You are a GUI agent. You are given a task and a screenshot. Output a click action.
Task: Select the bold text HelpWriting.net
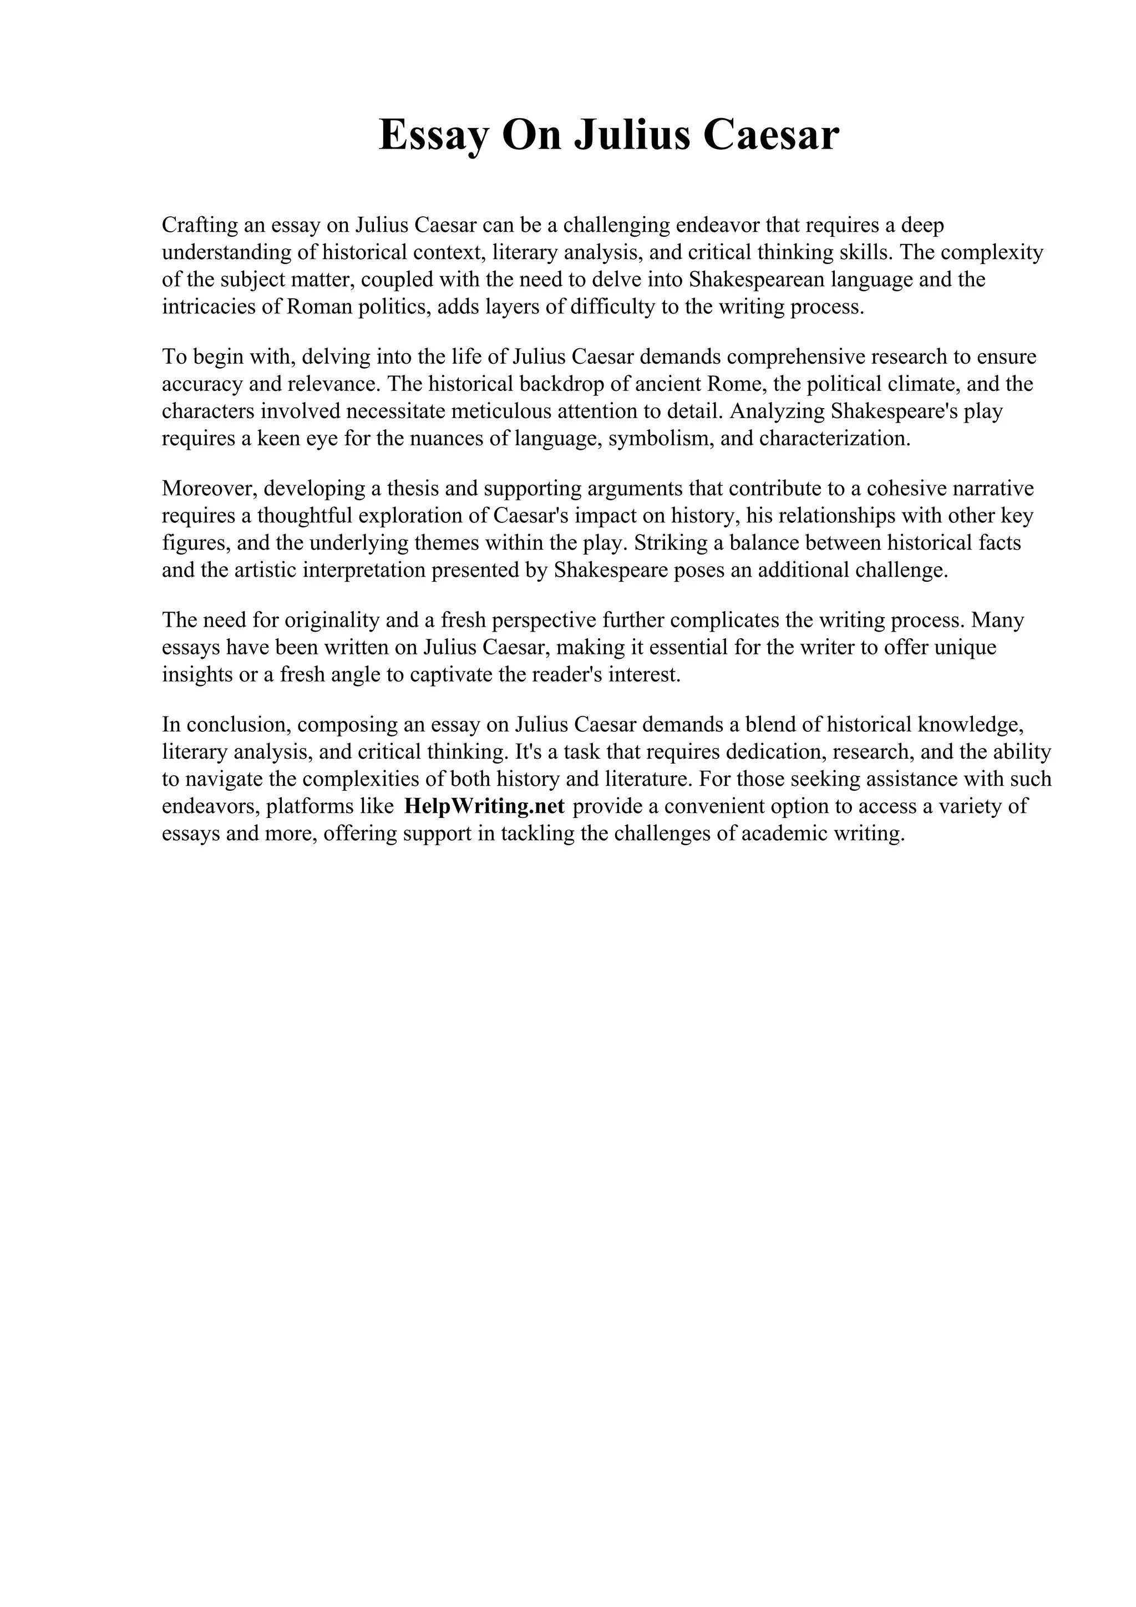tap(484, 806)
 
